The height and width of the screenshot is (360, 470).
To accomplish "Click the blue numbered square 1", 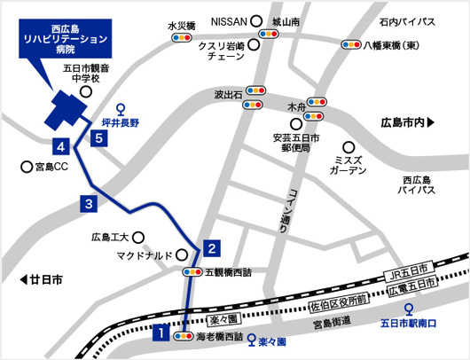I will pos(161,334).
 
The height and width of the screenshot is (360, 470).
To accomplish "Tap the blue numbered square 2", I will pos(212,247).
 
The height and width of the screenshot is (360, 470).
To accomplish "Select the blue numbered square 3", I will pos(89,203).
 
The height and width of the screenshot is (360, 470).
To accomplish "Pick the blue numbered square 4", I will pos(61,146).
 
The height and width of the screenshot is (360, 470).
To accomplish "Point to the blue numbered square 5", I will pos(99,138).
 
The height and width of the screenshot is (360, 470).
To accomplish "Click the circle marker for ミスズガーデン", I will pos(349,147).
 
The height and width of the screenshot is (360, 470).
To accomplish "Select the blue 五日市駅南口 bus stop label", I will pos(408,323).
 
